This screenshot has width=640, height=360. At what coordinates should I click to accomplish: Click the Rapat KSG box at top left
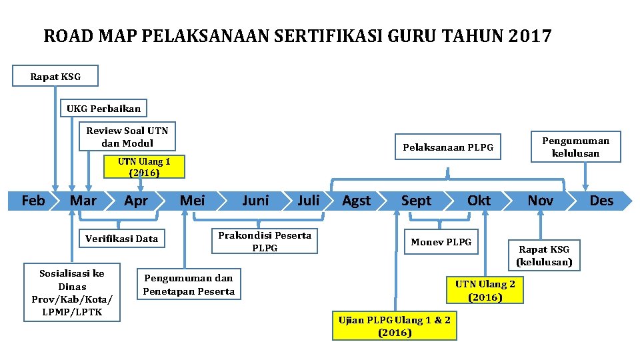pyautogui.click(x=55, y=76)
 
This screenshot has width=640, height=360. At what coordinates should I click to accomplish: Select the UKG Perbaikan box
pyautogui.click(x=103, y=108)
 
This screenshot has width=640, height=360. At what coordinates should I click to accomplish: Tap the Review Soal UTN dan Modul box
pyautogui.click(x=127, y=137)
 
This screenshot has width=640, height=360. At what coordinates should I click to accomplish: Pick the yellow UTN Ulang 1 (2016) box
pyautogui.click(x=144, y=167)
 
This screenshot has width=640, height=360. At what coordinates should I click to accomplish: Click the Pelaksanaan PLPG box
pyautogui.click(x=448, y=147)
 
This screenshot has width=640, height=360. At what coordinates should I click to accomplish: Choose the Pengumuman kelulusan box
pyautogui.click(x=575, y=147)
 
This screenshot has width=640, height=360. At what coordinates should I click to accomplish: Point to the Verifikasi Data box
pyautogui.click(x=121, y=239)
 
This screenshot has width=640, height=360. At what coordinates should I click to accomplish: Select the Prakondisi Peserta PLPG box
pyautogui.click(x=265, y=241)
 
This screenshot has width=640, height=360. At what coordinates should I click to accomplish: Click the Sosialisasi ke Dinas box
pyautogui.click(x=72, y=292)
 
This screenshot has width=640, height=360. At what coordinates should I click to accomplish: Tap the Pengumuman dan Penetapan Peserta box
pyautogui.click(x=189, y=285)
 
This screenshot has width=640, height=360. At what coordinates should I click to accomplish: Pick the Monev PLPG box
pyautogui.click(x=441, y=242)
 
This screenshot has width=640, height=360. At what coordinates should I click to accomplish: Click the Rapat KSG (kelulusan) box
pyautogui.click(x=544, y=255)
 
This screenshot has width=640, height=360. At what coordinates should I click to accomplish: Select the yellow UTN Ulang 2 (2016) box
pyautogui.click(x=485, y=291)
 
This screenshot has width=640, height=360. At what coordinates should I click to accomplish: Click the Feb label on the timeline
pyautogui.click(x=33, y=201)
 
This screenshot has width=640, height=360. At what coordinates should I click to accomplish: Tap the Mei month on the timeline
pyautogui.click(x=193, y=201)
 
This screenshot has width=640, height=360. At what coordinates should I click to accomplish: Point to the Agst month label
pyautogui.click(x=356, y=201)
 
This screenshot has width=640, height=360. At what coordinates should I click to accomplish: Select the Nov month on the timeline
pyautogui.click(x=540, y=201)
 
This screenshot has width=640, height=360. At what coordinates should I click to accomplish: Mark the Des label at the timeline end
pyautogui.click(x=601, y=201)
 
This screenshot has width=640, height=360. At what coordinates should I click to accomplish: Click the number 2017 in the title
pyautogui.click(x=529, y=36)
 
